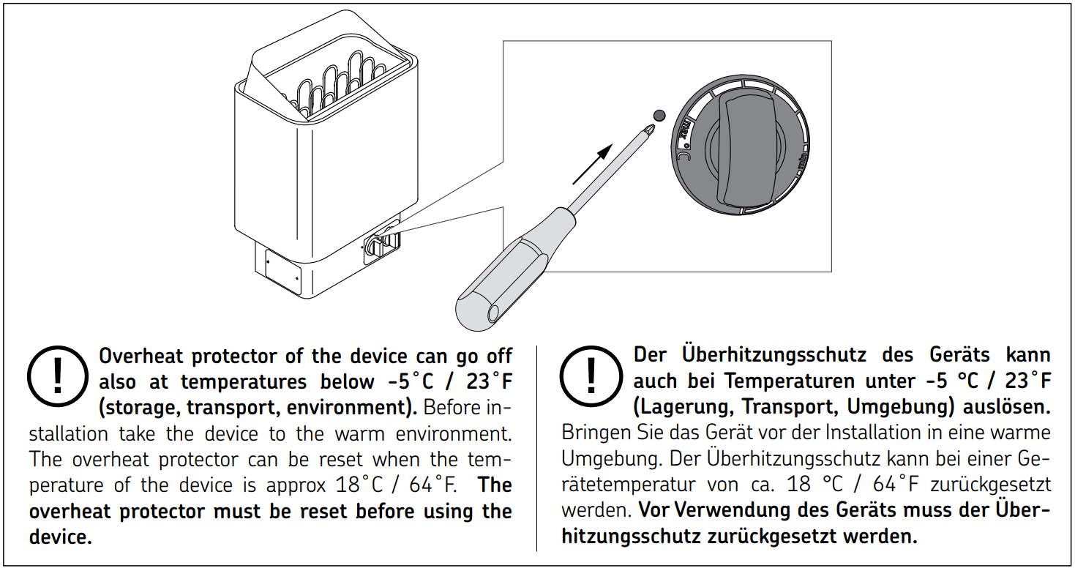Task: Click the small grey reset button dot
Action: coord(659,116)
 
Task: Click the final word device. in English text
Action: coord(61,537)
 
